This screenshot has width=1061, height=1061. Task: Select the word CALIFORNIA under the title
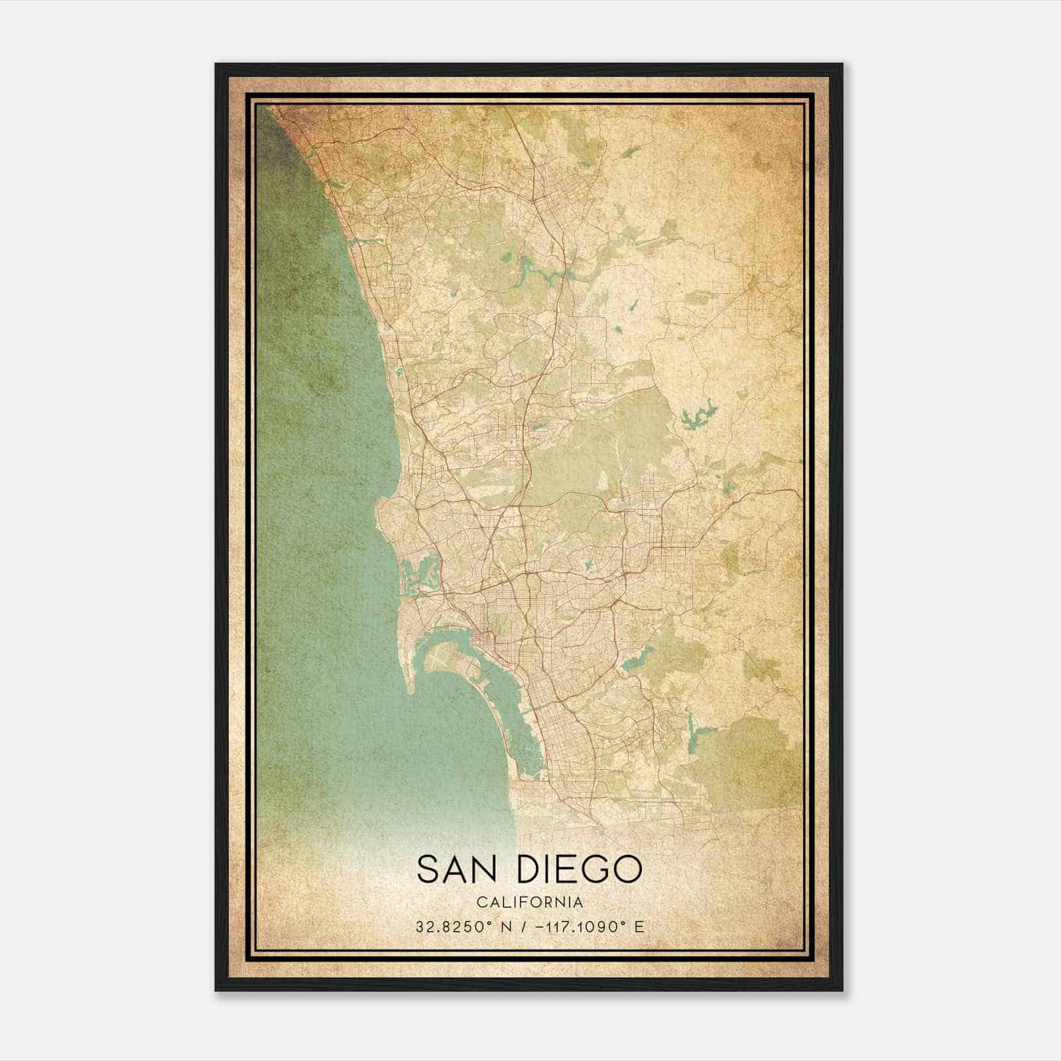pyautogui.click(x=530, y=903)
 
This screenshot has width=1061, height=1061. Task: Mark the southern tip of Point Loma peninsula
pyautogui.click(x=411, y=692)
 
